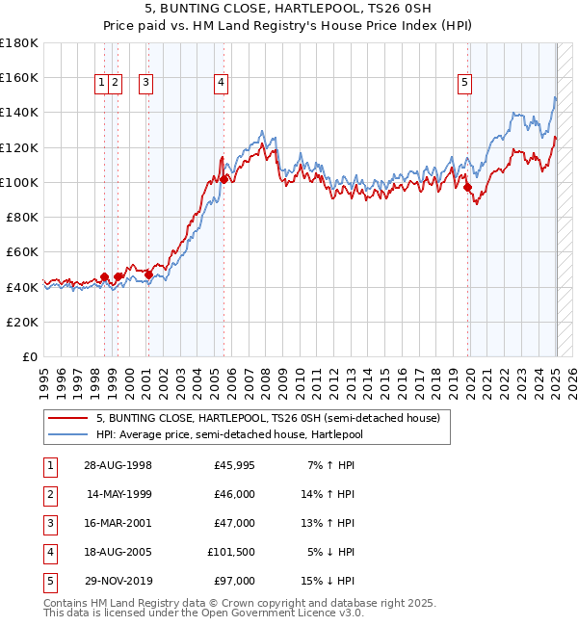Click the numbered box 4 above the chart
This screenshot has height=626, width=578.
coord(222,83)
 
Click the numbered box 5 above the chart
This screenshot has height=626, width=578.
coord(464,83)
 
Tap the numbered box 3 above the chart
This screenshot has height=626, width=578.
coord(145,83)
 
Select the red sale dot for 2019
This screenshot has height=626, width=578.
coord(468,188)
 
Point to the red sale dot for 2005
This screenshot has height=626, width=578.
coord(223,179)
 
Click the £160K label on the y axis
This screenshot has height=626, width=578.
coord(19,77)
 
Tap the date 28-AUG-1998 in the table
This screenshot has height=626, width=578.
coord(118,465)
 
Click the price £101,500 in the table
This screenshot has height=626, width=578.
coord(231,552)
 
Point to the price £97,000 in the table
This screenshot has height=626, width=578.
coord(235,581)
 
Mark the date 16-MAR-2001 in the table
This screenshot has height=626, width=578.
coord(118,523)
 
